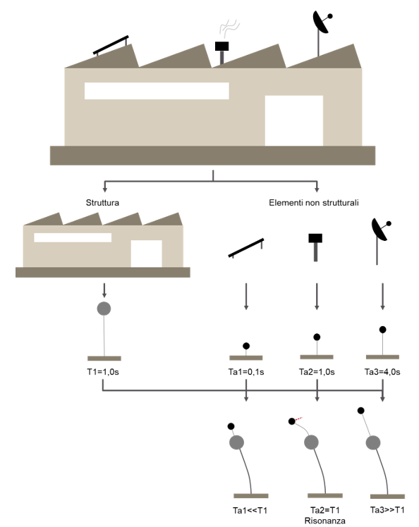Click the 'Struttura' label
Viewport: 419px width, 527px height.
(x=102, y=203)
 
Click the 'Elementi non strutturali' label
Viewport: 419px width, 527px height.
(x=314, y=203)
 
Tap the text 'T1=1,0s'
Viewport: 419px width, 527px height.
(x=103, y=372)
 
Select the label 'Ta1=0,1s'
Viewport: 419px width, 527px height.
(x=246, y=372)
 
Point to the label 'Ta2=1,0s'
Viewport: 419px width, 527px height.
(x=317, y=372)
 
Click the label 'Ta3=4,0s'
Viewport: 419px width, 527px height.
(x=382, y=372)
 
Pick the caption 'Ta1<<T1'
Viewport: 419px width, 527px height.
(x=250, y=510)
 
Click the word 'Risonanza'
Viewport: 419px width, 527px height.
(x=324, y=521)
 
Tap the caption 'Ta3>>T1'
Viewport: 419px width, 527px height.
(x=387, y=510)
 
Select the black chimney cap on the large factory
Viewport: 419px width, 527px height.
(x=221, y=46)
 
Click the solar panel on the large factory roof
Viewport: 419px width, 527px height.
(x=111, y=44)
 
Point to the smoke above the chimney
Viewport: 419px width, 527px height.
(x=229, y=27)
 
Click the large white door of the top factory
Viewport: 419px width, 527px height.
(x=294, y=120)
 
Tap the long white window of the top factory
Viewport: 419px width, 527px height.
(x=157, y=91)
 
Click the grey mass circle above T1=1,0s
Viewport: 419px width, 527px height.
(x=104, y=309)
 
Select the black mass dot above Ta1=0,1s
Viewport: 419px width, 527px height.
(x=246, y=346)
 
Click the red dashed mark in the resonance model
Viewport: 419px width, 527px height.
(x=299, y=418)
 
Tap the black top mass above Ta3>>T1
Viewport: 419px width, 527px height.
(x=360, y=410)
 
